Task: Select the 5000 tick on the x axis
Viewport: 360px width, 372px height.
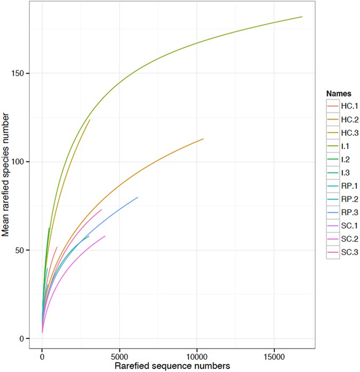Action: (x=119, y=355)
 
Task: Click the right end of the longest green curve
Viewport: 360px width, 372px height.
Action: (x=302, y=17)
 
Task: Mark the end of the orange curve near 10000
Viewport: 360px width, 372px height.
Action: (x=204, y=139)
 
